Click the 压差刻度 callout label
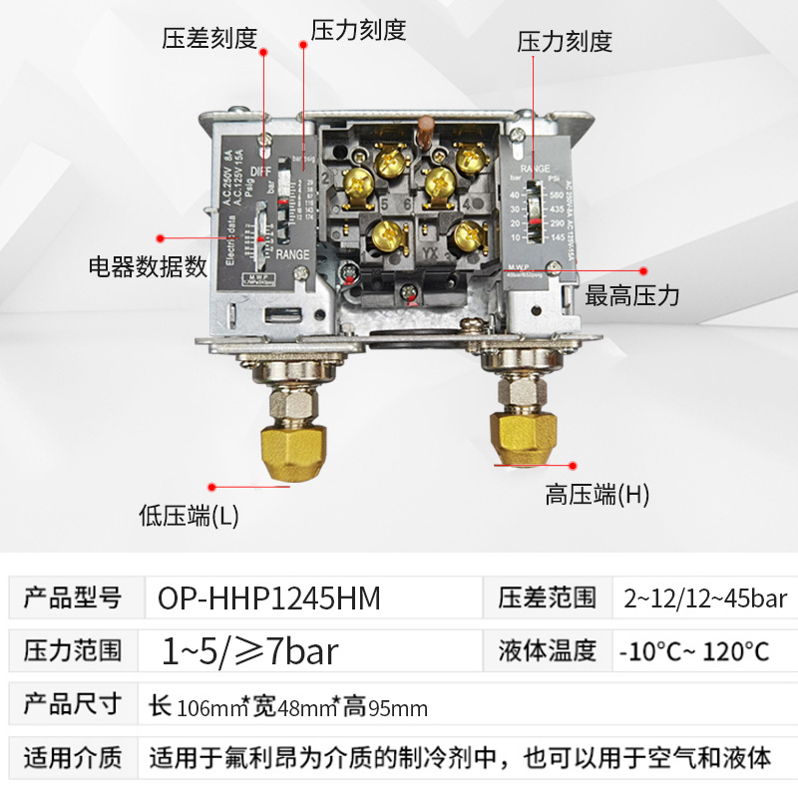coord(209,38)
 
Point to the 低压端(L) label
coord(189,516)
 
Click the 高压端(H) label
coord(597,494)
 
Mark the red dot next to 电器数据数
coord(160,238)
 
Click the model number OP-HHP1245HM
coord(269,598)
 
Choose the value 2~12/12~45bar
coord(703,598)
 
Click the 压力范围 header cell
coord(72,651)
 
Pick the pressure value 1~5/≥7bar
coord(250,651)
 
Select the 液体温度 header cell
coord(547,651)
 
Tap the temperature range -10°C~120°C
coord(694,652)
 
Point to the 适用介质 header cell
coord(72,757)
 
